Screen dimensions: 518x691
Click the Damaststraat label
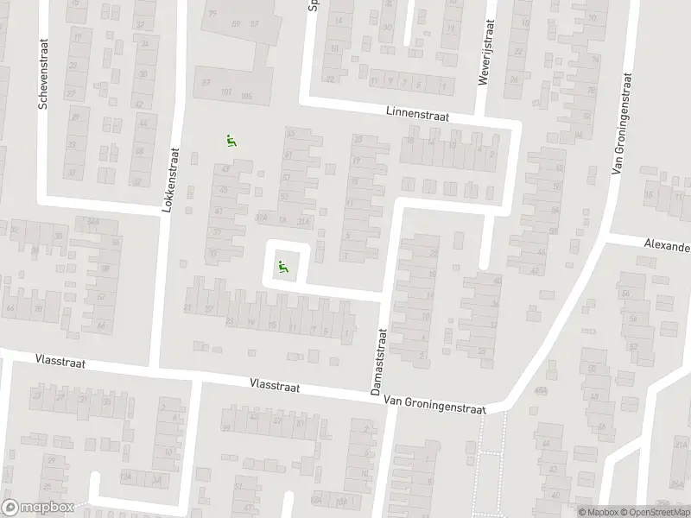click(x=377, y=361)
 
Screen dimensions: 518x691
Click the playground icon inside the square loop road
click(x=282, y=268)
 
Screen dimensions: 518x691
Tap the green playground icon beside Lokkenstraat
click(x=231, y=142)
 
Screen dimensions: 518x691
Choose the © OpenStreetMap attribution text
click(x=654, y=512)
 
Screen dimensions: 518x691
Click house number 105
click(x=247, y=95)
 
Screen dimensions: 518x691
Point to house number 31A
click(x=302, y=221)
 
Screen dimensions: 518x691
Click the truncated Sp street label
click(x=313, y=7)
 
